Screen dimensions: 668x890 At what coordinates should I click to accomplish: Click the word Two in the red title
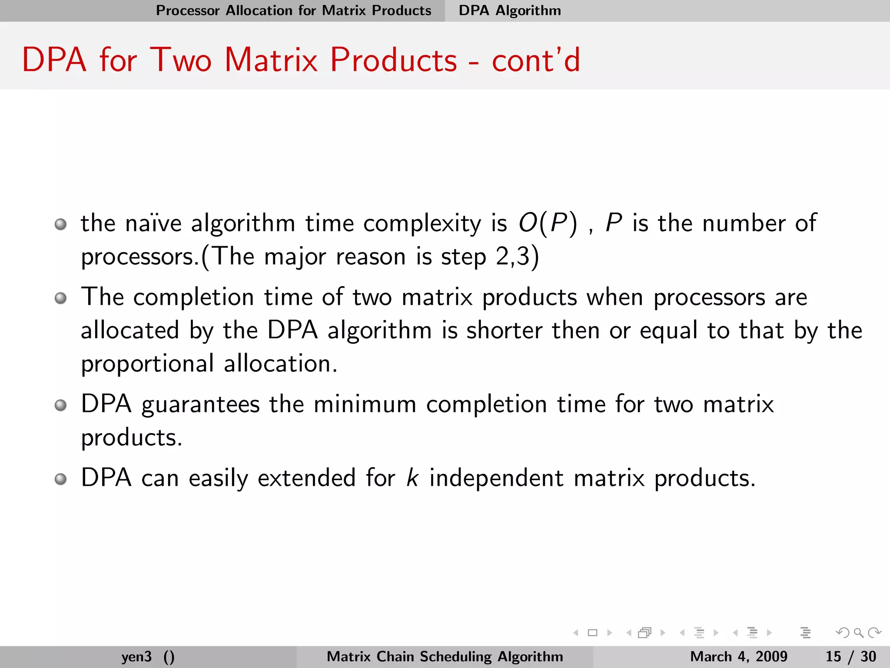click(x=181, y=60)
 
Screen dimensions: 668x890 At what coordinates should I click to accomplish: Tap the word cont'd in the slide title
click(x=536, y=60)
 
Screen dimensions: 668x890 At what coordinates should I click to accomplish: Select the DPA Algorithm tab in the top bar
click(x=510, y=10)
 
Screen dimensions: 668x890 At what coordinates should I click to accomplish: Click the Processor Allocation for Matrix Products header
click(x=293, y=10)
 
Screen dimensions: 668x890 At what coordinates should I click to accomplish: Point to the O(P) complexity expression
click(x=548, y=224)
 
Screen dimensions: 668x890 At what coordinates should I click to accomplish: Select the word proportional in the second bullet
click(x=147, y=364)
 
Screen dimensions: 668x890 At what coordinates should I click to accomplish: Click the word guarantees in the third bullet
click(x=200, y=404)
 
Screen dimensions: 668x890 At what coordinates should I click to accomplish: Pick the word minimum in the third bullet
click(x=365, y=404)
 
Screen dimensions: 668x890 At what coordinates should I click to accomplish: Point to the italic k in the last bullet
click(x=412, y=478)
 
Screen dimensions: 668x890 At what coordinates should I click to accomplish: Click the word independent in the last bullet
click(x=496, y=478)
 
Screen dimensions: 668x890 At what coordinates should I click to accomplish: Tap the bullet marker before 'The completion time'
click(x=61, y=298)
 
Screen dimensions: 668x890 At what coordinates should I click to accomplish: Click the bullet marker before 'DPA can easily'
click(x=61, y=479)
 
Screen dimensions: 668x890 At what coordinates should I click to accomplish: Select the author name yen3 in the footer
click(x=136, y=656)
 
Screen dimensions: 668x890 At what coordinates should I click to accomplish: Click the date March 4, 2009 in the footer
click(x=738, y=656)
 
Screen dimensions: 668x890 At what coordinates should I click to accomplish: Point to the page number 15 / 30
click(x=850, y=656)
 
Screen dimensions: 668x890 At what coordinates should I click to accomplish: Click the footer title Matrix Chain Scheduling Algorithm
click(x=445, y=656)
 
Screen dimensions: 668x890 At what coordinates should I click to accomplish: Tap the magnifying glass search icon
click(x=858, y=633)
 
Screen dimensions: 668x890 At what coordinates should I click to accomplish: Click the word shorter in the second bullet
click(x=504, y=331)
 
